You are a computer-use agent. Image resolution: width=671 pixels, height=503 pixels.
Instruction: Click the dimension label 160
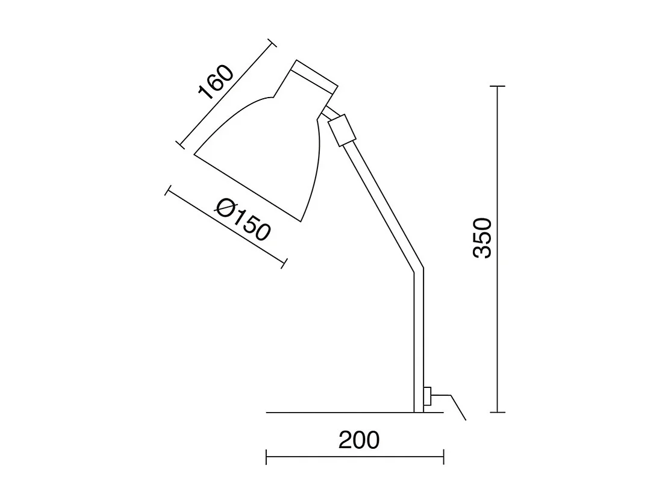(x=215, y=82)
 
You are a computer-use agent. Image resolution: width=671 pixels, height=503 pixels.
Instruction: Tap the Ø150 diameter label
(x=243, y=220)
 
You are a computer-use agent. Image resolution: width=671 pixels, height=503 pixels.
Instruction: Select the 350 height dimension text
(x=483, y=238)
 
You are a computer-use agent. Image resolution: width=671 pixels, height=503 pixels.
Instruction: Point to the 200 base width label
(x=359, y=440)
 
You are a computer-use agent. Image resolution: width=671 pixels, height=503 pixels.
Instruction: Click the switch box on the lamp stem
(x=427, y=398)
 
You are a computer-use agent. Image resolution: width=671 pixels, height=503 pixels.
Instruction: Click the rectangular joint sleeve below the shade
(x=340, y=130)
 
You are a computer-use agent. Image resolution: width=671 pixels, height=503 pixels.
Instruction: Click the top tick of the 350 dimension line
(x=497, y=87)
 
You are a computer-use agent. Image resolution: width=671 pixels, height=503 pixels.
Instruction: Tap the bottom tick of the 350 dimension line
(x=497, y=413)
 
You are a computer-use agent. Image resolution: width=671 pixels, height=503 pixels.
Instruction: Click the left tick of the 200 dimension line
(x=266, y=457)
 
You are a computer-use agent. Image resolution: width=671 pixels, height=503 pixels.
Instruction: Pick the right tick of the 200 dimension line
(x=443, y=457)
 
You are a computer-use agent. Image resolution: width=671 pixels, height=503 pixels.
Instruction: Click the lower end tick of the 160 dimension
(x=179, y=144)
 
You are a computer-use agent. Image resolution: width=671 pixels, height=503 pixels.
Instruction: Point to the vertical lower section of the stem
(x=419, y=343)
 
